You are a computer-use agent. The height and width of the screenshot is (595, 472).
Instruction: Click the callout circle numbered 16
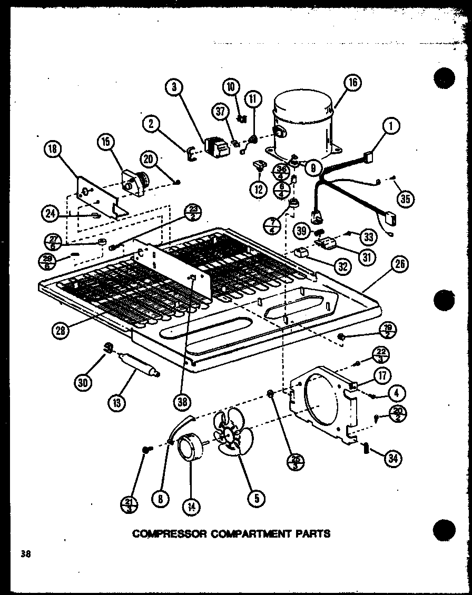(352, 83)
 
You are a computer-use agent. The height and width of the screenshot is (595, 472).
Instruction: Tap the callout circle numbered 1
(390, 126)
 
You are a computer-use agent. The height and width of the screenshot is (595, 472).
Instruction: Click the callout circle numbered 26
(400, 265)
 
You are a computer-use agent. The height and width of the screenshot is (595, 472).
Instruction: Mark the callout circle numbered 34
(392, 459)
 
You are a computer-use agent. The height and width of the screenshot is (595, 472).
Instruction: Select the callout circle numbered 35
(406, 199)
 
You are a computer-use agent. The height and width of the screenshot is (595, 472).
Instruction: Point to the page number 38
(25, 553)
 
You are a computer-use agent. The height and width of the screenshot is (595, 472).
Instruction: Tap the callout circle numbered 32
(343, 266)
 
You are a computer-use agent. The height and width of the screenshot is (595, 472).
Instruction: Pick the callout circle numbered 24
(50, 213)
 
